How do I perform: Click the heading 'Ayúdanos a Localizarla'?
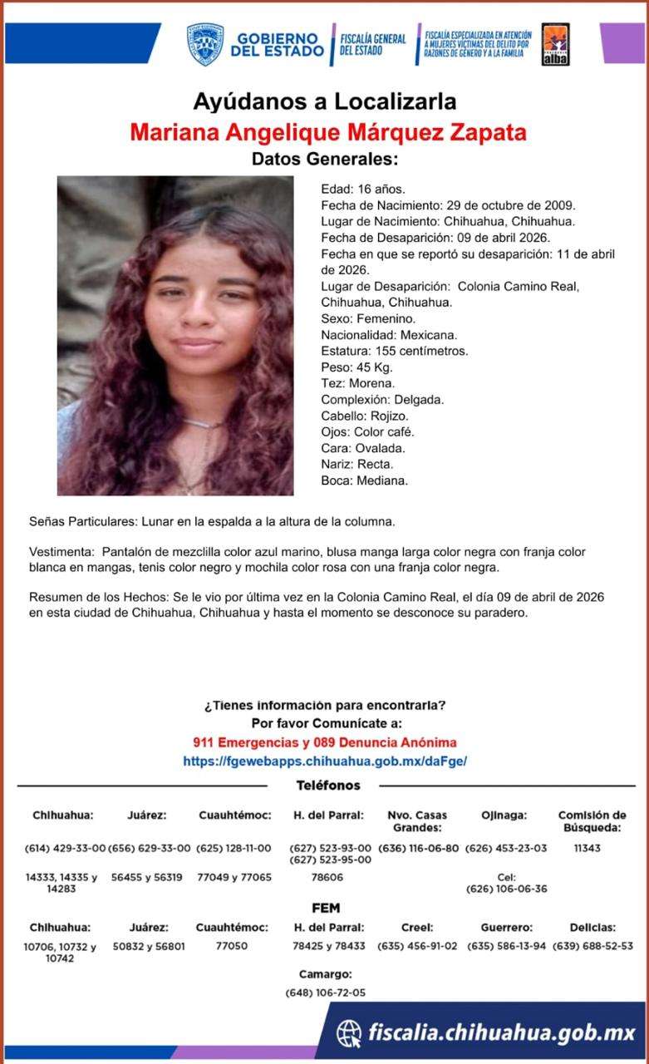point(325,102)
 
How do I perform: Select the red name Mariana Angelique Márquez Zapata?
point(328,132)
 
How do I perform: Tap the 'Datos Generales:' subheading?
point(325,159)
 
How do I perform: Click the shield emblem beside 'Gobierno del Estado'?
point(204,44)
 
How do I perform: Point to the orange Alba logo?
point(555,44)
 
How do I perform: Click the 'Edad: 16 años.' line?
point(363,189)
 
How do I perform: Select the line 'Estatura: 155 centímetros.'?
point(394,351)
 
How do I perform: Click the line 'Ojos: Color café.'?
point(367,432)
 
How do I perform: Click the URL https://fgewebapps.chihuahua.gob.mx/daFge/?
point(325,761)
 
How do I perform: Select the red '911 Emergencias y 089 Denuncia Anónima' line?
point(325,742)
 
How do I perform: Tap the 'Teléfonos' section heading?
point(328,786)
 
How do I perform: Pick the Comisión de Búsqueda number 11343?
point(587,848)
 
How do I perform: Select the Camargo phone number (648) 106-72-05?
point(325,993)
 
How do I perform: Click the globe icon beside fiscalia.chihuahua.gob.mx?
point(349,1033)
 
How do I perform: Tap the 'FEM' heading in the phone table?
point(325,908)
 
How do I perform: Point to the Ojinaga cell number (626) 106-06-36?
point(506,889)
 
